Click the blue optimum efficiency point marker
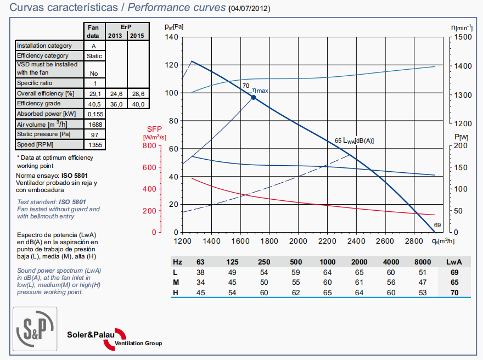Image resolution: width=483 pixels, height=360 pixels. tap(254, 98)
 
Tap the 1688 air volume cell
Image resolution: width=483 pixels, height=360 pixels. tap(94, 125)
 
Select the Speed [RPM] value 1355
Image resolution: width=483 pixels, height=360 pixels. tap(94, 145)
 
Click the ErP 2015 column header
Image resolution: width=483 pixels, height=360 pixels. tap(138, 36)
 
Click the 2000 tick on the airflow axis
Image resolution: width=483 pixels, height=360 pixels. tap(298, 241)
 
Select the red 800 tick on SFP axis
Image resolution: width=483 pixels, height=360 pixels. tap(149, 146)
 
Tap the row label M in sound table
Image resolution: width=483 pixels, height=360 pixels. tap(176, 282)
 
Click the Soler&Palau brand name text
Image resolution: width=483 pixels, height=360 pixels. tap(89, 334)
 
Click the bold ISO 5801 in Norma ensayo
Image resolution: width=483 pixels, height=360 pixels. tap(75, 176)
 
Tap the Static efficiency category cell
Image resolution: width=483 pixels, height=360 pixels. tap(94, 56)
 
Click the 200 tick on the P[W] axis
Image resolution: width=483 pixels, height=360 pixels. tap(462, 146)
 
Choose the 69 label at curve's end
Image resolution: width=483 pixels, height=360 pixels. tap(437, 225)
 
